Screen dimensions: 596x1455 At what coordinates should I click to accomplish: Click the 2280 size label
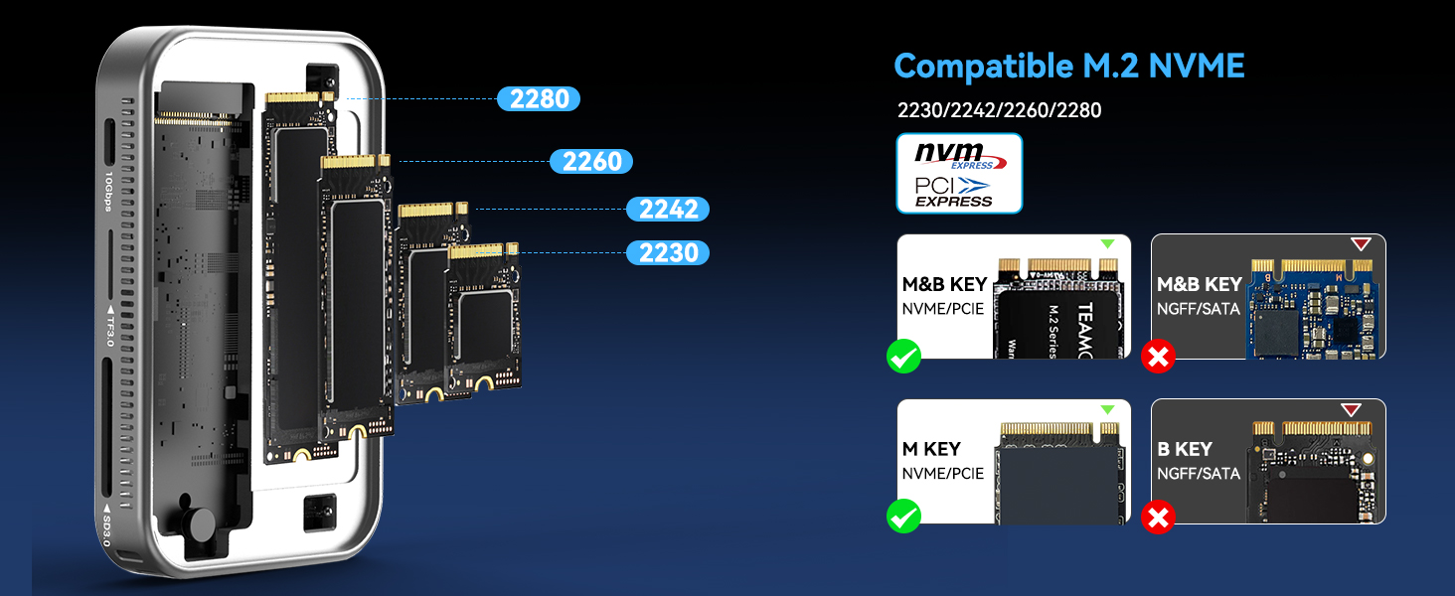(x=539, y=99)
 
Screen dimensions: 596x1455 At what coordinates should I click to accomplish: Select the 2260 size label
(x=591, y=162)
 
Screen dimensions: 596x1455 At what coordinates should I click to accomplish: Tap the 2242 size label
(x=668, y=210)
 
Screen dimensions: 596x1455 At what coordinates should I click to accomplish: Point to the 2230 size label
(x=668, y=253)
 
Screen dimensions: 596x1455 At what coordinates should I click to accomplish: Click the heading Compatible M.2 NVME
(x=1068, y=67)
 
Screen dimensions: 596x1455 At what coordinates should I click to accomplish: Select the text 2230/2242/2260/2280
(x=999, y=110)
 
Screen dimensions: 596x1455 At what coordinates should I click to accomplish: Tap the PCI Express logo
(x=955, y=192)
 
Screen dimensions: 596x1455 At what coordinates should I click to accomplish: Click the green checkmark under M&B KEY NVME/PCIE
(x=904, y=357)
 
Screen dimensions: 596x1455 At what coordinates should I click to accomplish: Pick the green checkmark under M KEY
(x=904, y=516)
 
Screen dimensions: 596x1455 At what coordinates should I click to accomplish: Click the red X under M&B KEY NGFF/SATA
(x=1159, y=357)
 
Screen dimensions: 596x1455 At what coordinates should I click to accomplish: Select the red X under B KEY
(x=1159, y=516)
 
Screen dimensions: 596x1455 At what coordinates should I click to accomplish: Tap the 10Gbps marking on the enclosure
(x=107, y=192)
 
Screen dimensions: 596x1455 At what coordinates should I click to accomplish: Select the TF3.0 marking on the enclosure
(x=107, y=326)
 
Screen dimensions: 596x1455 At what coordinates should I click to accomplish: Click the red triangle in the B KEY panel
(x=1350, y=410)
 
